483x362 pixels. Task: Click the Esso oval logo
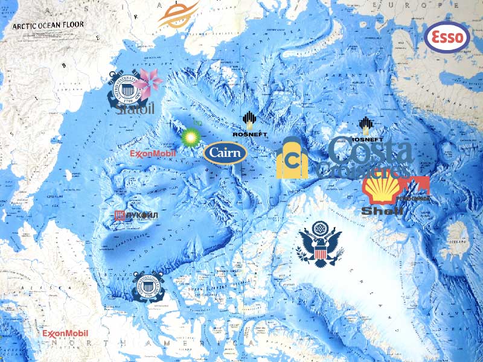click(447, 37)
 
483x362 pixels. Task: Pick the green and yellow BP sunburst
click(191, 136)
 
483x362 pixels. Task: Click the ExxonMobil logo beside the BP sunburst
click(153, 154)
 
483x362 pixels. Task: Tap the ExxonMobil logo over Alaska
click(65, 334)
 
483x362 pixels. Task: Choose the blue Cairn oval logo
click(225, 153)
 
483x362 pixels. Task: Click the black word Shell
click(382, 211)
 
